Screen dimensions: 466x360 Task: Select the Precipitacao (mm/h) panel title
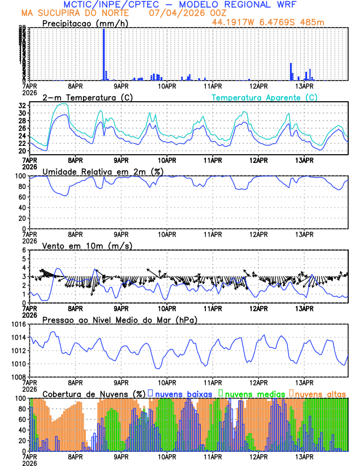pyautogui.click(x=85, y=24)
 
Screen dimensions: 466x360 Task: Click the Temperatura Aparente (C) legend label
pyautogui.click(x=264, y=97)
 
